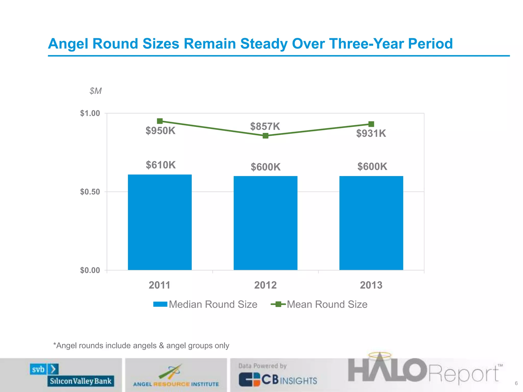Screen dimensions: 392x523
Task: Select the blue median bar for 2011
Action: click(x=160, y=222)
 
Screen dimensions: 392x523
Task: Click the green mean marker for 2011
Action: click(x=160, y=121)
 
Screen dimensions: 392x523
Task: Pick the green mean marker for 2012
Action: click(x=265, y=136)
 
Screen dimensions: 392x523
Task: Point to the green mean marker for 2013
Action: click(x=371, y=124)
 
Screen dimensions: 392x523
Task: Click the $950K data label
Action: click(x=160, y=131)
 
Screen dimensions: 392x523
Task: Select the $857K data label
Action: click(x=265, y=126)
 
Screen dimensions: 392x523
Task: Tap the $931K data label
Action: click(x=371, y=133)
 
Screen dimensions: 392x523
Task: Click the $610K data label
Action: click(x=161, y=165)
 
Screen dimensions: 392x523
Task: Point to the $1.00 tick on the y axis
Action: click(x=90, y=113)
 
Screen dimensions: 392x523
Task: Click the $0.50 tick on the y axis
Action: click(x=90, y=192)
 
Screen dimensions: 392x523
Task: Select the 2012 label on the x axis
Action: click(x=265, y=285)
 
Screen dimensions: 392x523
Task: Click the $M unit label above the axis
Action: click(x=96, y=91)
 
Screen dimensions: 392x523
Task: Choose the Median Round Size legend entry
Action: click(x=205, y=304)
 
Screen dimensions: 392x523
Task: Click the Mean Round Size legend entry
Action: click(x=319, y=304)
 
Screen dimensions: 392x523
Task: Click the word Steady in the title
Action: click(x=264, y=44)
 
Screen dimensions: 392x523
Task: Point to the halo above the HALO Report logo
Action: click(x=380, y=355)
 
